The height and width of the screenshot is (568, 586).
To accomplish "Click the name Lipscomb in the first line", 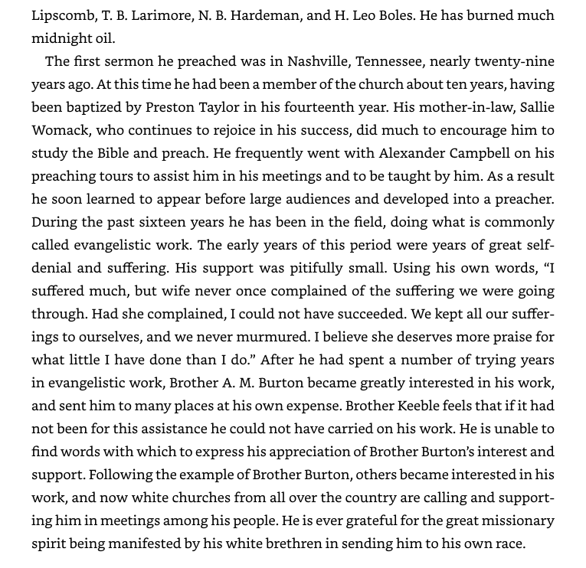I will point(64,15).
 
